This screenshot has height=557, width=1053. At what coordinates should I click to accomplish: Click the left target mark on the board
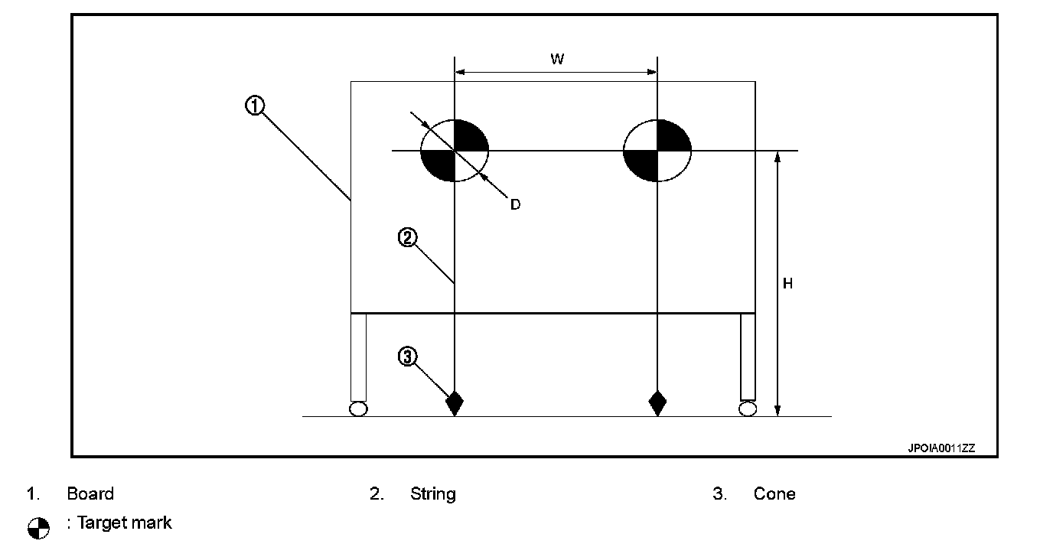pos(455,150)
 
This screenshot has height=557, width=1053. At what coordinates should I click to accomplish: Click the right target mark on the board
pos(657,150)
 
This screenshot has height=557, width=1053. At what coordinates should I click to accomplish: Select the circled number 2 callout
pos(407,238)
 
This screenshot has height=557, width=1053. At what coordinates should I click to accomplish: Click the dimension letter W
pos(557,59)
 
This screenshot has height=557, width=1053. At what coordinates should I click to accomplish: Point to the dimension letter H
pos(787,284)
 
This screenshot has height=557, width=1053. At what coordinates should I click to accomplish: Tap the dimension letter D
pos(515,204)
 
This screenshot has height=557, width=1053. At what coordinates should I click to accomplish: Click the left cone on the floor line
pos(455,402)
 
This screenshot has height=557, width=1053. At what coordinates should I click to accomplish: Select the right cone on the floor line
pos(657,402)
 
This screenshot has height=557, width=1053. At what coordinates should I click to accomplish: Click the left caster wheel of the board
pos(358,409)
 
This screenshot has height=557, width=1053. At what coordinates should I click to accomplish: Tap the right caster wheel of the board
pos(748,409)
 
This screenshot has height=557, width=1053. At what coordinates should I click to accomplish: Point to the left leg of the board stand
pos(358,356)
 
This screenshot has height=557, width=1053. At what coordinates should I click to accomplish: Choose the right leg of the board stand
pos(748,356)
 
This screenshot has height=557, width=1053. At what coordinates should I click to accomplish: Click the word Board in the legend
pos(90,493)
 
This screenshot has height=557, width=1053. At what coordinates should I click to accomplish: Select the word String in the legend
pos(432,493)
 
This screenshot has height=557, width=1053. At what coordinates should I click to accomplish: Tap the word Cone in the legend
pos(774,493)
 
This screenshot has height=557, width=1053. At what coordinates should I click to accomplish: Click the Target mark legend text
pos(122,523)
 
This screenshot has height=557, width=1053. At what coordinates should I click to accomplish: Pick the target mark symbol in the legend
pos(38,527)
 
